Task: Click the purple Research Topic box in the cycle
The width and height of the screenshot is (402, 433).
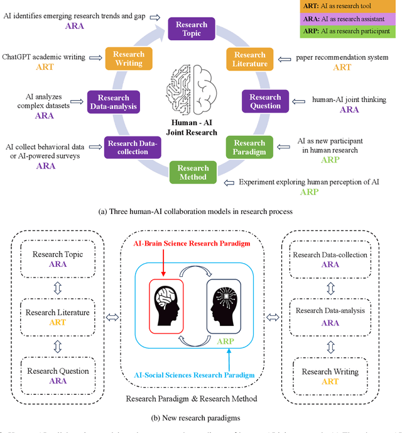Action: coord(192,29)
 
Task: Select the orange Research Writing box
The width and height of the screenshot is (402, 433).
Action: coord(129,59)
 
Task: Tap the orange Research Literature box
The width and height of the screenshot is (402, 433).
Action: coord(250,60)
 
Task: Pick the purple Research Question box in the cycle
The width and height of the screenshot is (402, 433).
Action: coord(265,101)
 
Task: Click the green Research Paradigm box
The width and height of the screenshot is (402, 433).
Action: coord(250,147)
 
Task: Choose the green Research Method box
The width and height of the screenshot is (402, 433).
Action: coord(193,172)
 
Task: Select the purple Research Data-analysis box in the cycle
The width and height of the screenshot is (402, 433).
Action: coord(113,102)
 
